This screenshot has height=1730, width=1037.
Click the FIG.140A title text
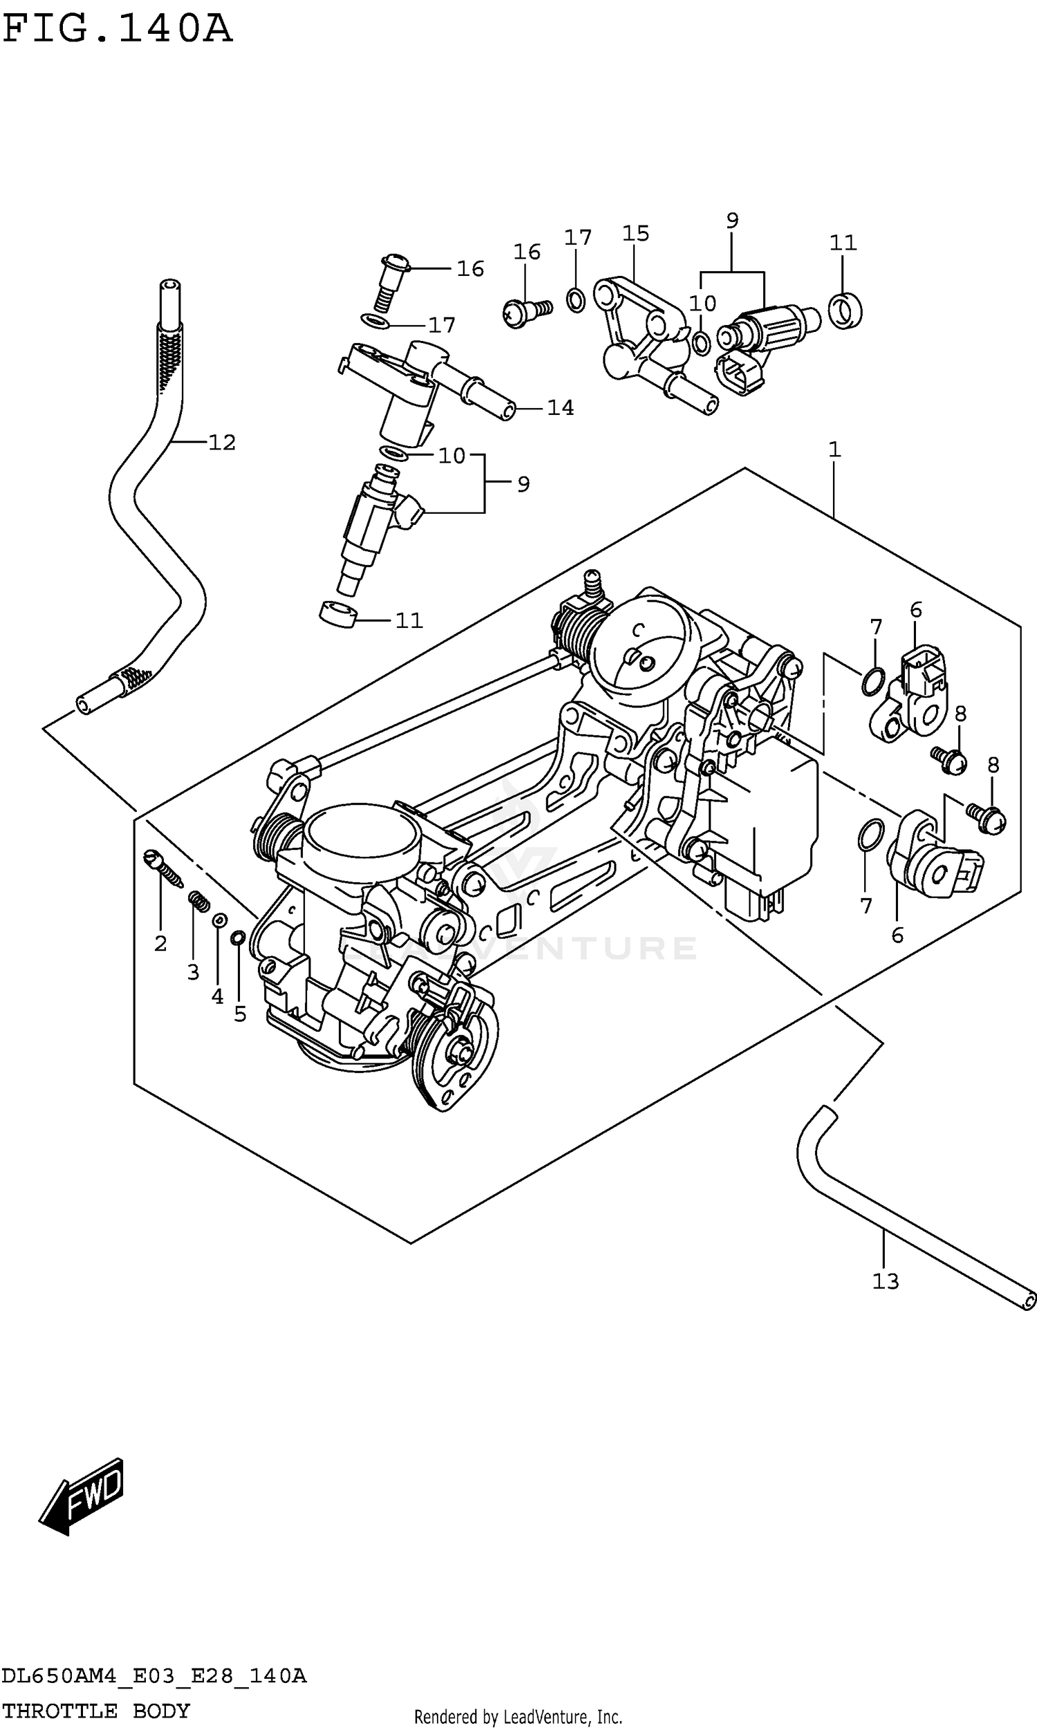[117, 29]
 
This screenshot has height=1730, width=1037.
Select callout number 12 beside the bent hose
[221, 443]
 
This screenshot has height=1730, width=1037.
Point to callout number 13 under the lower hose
[885, 1281]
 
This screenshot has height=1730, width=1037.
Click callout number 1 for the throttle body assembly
[834, 450]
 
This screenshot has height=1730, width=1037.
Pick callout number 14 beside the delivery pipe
[560, 407]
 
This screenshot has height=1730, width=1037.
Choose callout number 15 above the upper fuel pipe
[635, 234]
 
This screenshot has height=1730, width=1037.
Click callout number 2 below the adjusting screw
[160, 944]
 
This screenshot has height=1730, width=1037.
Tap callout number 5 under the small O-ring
[240, 1014]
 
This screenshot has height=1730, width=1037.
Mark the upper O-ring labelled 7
[872, 680]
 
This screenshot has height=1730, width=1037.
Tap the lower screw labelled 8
[987, 819]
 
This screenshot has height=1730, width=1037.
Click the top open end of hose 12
[169, 286]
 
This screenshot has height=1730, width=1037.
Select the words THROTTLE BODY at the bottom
[95, 1711]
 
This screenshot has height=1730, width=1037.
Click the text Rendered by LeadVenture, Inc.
[518, 1717]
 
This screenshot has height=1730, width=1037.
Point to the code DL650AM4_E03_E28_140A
[153, 1675]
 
